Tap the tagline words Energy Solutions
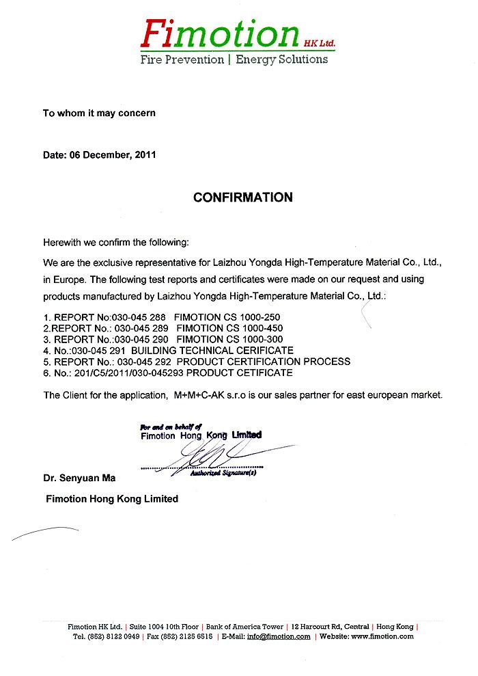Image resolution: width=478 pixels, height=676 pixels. click(x=281, y=59)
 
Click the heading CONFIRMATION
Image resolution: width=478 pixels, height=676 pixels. click(x=242, y=198)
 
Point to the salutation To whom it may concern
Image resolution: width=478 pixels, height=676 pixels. click(x=99, y=113)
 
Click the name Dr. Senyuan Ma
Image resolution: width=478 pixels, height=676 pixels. click(x=79, y=478)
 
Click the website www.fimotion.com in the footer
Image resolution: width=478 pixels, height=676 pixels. click(x=382, y=636)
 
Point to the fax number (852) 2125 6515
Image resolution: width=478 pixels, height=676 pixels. click(x=186, y=636)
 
